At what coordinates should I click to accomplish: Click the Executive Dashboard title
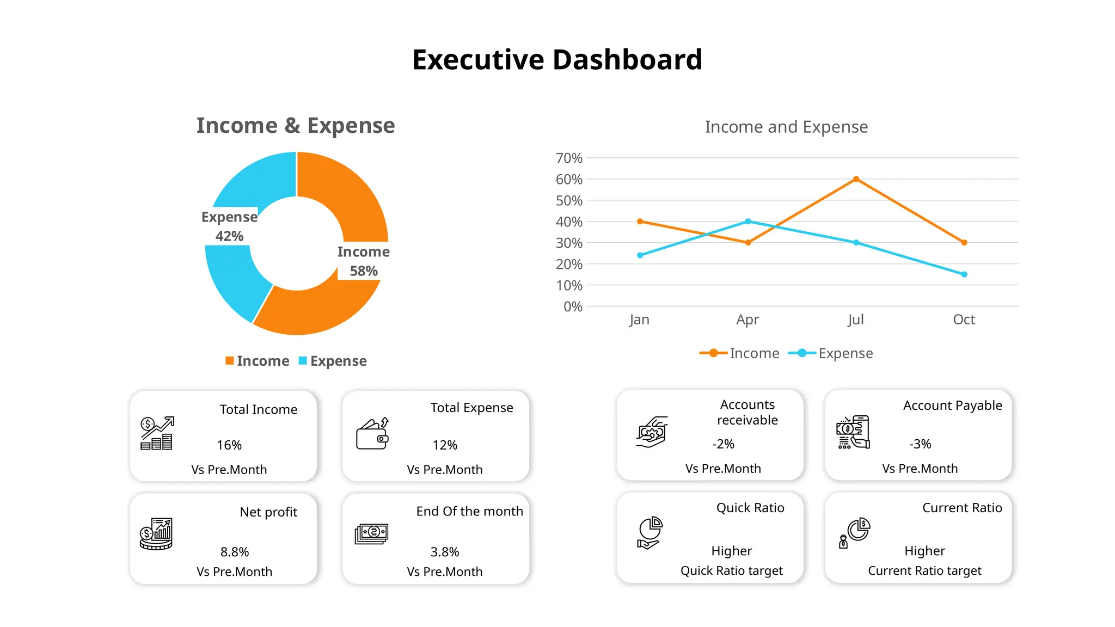(557, 59)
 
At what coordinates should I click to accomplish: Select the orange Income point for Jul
(856, 179)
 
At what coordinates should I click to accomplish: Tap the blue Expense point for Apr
(748, 222)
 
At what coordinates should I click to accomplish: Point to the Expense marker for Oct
(964, 274)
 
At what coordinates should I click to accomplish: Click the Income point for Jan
(640, 222)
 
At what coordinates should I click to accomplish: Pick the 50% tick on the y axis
(569, 200)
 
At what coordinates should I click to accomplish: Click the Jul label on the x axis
(855, 319)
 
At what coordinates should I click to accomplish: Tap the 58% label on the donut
(364, 271)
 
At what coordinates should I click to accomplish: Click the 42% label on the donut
(229, 236)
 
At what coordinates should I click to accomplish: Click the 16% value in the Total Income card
(229, 445)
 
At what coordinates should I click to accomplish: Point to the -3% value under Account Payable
(920, 444)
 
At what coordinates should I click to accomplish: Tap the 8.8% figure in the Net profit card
(235, 552)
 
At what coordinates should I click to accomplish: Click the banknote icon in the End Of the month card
(372, 534)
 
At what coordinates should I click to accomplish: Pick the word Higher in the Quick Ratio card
(731, 551)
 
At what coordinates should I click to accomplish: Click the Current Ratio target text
(924, 570)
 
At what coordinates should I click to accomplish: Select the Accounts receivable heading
(747, 412)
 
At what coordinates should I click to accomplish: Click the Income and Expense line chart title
(786, 127)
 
